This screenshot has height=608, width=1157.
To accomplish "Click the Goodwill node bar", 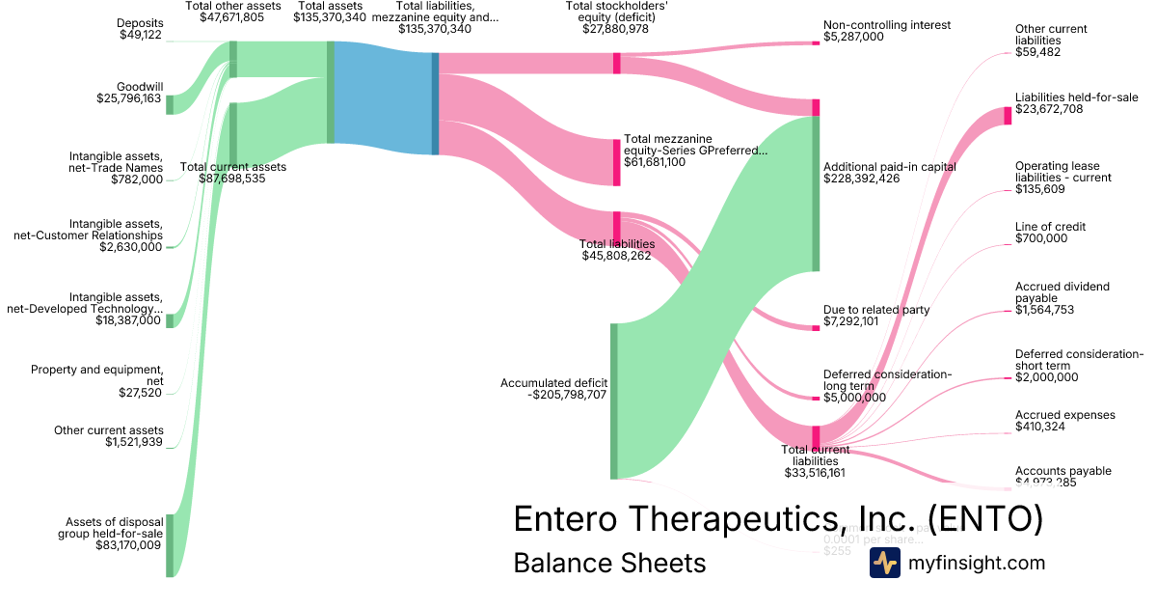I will [x=170, y=104].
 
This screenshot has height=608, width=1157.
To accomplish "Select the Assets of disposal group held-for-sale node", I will [x=170, y=545].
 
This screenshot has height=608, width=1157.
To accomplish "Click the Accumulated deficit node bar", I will [x=613, y=401].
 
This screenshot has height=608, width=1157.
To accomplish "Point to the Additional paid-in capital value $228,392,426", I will [x=874, y=179].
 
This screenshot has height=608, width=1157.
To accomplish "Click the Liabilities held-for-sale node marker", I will [x=1008, y=116].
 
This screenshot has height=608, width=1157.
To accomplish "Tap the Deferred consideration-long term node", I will [x=815, y=397].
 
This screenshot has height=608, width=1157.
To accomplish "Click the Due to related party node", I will [x=815, y=327].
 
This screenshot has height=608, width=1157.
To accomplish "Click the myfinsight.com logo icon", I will [x=884, y=563].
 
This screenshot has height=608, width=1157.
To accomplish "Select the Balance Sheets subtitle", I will [x=609, y=563].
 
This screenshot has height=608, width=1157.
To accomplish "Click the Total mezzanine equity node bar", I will [x=617, y=162].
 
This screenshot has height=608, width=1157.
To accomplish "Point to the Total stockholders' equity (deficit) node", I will [x=617, y=63].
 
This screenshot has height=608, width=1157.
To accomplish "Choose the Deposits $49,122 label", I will [x=139, y=30].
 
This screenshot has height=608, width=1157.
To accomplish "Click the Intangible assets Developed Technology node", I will [x=170, y=320].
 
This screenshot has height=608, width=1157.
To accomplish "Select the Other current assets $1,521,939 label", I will [x=109, y=436].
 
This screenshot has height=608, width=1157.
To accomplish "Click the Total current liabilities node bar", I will [x=815, y=436].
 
